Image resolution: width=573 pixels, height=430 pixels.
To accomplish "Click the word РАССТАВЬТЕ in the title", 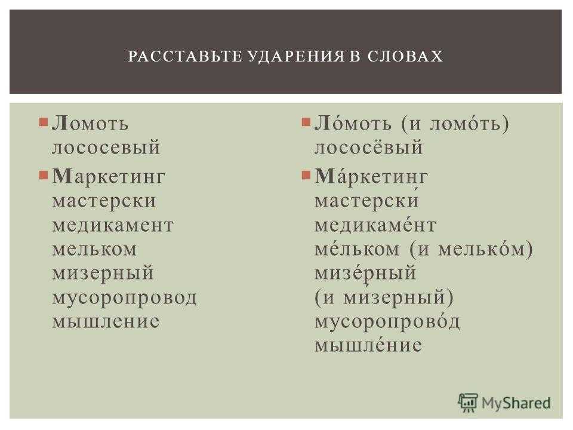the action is click(x=185, y=56).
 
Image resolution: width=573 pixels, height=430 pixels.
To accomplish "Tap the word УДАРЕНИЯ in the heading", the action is click(x=296, y=56).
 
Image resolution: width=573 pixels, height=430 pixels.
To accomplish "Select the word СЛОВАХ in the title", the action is click(x=405, y=56).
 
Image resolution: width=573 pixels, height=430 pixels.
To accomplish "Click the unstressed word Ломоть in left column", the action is click(x=90, y=124).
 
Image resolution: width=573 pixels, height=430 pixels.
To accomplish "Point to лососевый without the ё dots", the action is click(x=106, y=148).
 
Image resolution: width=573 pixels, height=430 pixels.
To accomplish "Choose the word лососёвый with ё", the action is click(x=368, y=147).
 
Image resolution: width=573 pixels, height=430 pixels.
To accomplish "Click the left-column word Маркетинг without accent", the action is click(x=109, y=177).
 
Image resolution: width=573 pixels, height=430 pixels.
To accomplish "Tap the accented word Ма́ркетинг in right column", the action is click(x=371, y=177).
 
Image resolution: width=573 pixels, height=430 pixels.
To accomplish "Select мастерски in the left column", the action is click(x=104, y=201).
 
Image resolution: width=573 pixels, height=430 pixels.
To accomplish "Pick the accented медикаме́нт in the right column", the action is click(x=375, y=225).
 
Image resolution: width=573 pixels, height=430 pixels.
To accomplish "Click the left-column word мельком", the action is click(x=94, y=249).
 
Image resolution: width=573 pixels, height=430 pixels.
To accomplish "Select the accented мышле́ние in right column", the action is click(x=368, y=345).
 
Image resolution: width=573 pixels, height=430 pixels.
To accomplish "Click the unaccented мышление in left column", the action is click(x=106, y=321).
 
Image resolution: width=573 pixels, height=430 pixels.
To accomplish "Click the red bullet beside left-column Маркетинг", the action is click(x=43, y=176).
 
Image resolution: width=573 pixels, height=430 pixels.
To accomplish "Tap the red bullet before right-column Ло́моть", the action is click(x=306, y=122).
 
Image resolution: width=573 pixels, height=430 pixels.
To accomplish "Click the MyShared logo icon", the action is click(x=467, y=403).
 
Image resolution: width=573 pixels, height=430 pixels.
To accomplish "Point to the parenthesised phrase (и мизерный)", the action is click(x=384, y=297).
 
